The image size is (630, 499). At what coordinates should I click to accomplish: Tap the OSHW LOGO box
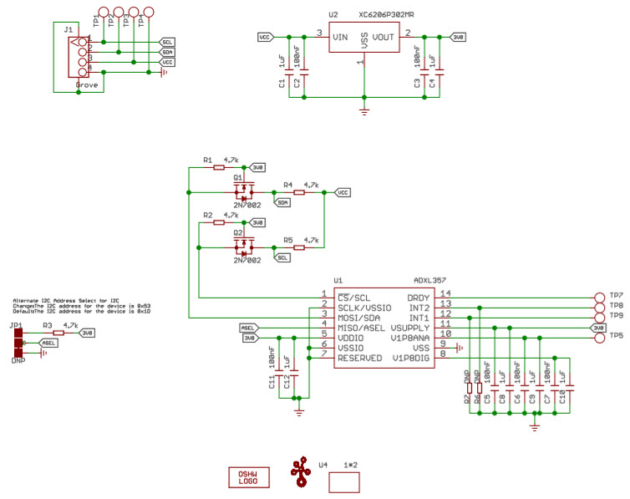point(248,477)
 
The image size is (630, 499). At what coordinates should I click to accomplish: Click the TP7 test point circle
point(597,298)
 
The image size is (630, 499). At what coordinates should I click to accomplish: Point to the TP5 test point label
point(617,337)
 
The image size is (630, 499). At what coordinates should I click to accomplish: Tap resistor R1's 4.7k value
point(231,159)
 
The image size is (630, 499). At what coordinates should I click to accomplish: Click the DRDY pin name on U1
point(418,298)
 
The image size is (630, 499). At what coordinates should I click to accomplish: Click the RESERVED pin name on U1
point(358,358)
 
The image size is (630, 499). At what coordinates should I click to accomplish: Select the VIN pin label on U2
point(340,38)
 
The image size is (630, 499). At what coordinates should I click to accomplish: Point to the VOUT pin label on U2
point(384,38)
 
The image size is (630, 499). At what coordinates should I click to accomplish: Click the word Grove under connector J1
point(86,85)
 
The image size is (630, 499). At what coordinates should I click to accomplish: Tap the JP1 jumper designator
point(16,324)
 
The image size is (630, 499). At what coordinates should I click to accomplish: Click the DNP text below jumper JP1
point(18,360)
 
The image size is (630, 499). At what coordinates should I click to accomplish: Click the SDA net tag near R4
point(283,202)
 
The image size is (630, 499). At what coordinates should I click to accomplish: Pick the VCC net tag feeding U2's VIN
point(264,38)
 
